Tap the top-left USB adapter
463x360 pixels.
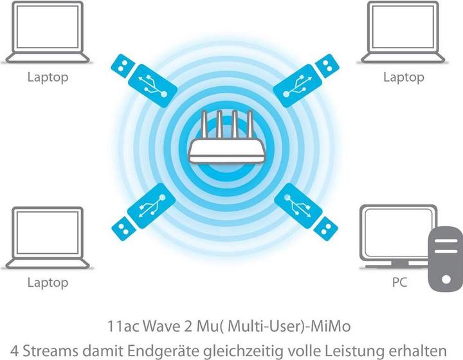[x=144, y=80]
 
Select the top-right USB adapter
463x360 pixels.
[x=306, y=80]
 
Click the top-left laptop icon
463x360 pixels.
[x=48, y=32]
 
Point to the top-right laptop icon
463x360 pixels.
[x=403, y=32]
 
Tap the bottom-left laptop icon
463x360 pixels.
[x=48, y=238]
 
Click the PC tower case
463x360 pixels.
[x=446, y=258]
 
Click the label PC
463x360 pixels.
[x=399, y=282]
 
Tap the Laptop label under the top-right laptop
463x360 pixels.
[x=404, y=77]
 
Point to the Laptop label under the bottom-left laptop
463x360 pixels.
[x=48, y=283]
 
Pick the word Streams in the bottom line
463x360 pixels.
[x=50, y=351]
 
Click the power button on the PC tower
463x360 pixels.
[x=446, y=279]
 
